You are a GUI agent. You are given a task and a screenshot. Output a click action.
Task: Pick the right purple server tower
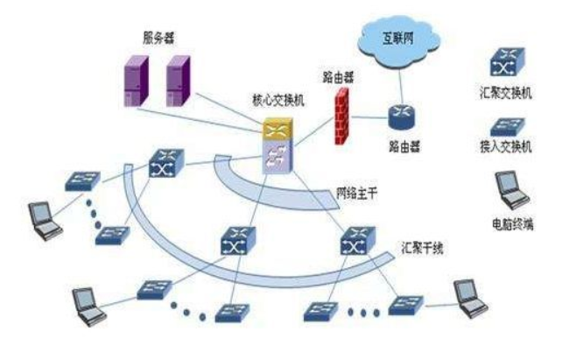point(178,81)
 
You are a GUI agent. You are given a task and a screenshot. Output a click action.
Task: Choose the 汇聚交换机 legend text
point(512,90)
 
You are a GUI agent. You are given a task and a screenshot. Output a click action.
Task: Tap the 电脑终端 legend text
point(512,225)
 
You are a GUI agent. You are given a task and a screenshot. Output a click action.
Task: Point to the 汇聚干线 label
point(423,250)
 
